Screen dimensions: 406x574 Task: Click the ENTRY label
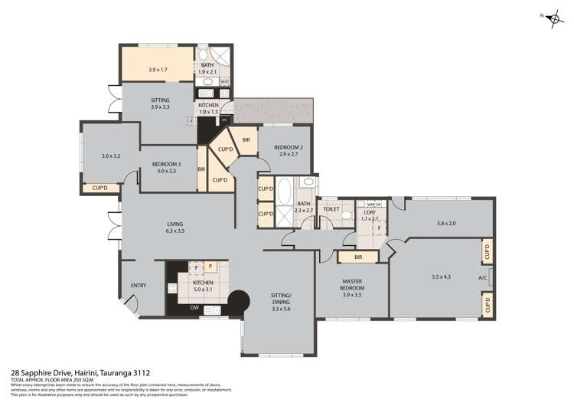[x=138, y=286]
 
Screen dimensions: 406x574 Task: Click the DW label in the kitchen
[x=194, y=309]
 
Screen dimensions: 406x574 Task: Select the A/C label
[x=482, y=277]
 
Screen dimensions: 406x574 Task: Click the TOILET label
[x=331, y=208]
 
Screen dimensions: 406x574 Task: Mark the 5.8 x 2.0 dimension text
[x=446, y=223]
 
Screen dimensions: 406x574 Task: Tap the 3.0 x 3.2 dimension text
[x=111, y=156]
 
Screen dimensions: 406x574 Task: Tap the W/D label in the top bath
[x=225, y=81]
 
